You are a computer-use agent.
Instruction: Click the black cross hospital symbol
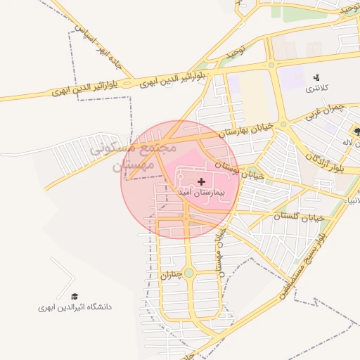(x=202, y=181)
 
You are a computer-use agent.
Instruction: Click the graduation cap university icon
(x=75, y=297)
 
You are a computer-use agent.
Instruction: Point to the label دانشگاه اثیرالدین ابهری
(x=75, y=307)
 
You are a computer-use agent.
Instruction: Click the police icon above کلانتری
(x=316, y=77)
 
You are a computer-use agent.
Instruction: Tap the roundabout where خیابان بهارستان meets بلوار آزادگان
(x=283, y=124)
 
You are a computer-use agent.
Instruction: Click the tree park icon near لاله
(x=357, y=131)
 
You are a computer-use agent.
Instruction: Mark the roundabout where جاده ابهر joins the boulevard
(x=127, y=84)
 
